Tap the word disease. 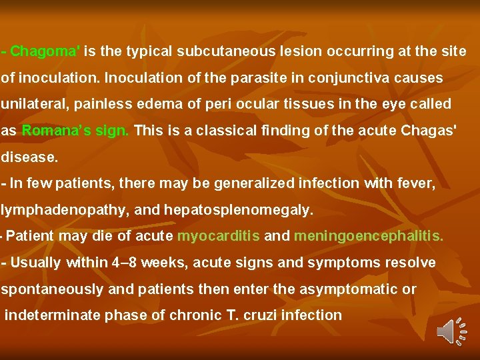pos(29,158)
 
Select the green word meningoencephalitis pos(368,236)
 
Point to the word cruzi pos(261,315)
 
